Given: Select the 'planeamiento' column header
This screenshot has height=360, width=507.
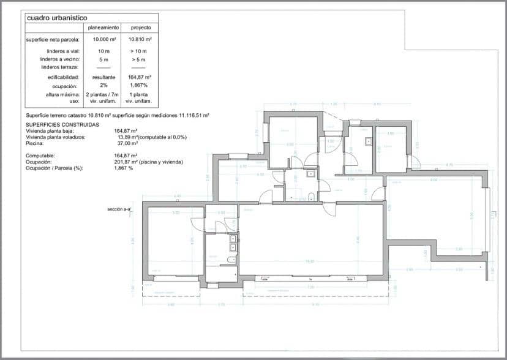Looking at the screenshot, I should tap(103, 28).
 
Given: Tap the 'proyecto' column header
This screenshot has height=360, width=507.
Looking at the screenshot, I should tap(140, 28).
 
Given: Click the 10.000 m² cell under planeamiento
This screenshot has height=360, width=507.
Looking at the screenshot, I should tap(103, 40).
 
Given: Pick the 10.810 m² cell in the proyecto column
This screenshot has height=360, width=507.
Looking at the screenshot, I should tap(140, 40).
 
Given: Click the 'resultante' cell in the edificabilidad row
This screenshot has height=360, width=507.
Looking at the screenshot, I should tap(103, 78).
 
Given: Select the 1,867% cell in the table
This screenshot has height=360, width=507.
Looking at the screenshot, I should tap(140, 86).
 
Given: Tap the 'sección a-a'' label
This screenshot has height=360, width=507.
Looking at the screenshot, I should tap(119, 209).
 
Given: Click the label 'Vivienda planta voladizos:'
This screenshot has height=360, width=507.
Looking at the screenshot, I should tap(55, 137).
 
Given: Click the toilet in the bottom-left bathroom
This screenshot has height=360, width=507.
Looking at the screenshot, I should tap(230, 260).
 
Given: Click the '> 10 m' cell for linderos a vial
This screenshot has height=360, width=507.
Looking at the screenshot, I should tap(140, 51).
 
